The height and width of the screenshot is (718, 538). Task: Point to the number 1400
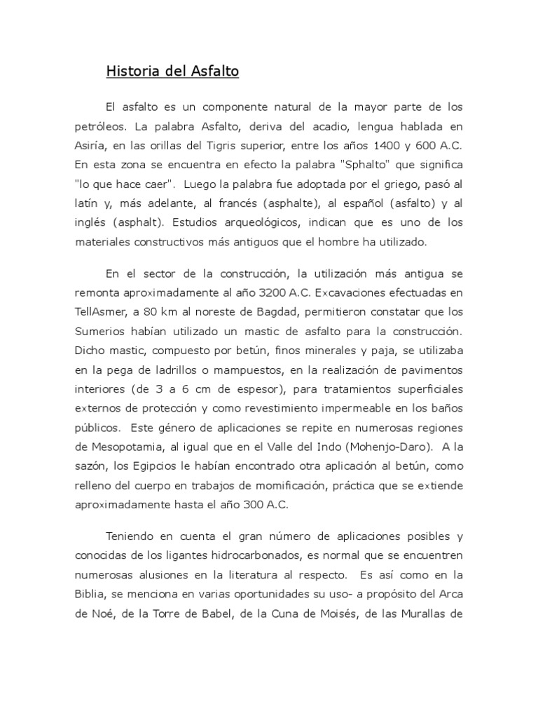[x=391, y=147]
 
